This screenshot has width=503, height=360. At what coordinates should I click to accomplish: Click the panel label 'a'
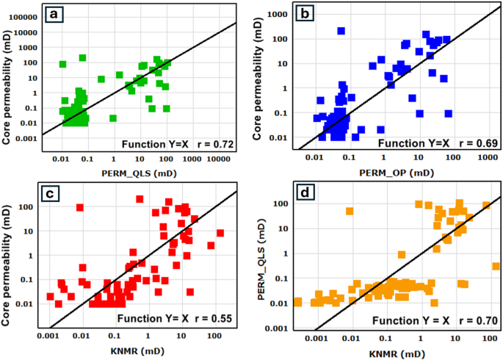pos(52,14)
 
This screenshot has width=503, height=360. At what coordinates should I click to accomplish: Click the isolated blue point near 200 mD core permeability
pos(341,31)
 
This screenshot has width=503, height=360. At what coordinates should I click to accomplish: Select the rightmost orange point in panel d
pos(496,266)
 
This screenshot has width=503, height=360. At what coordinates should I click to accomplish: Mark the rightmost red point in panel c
pos(220,233)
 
